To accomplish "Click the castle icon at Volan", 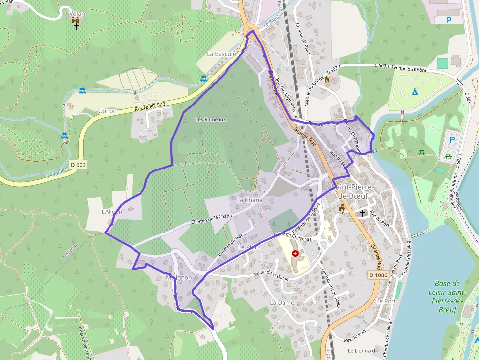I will [76, 21].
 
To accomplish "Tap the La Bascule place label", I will [221, 53].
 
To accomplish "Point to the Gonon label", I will [108, 111].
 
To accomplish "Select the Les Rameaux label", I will [211, 119].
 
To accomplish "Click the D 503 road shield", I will [77, 165].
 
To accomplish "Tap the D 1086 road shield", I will [378, 275].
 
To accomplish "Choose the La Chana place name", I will [249, 200].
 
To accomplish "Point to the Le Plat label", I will [247, 247].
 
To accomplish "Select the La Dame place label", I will [282, 303].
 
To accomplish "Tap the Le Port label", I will [386, 301].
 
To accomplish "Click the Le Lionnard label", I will [362, 351].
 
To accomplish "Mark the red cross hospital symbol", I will [295, 254].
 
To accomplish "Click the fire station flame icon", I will [327, 78].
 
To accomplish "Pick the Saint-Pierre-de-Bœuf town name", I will [353, 191].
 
